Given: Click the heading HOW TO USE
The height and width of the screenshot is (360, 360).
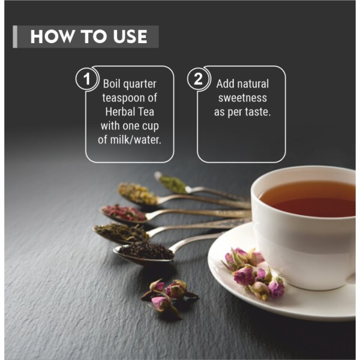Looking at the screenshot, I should point(89,37).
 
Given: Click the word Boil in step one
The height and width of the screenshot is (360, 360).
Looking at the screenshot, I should point(113,84).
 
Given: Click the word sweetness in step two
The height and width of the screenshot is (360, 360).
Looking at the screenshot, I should point(242,98).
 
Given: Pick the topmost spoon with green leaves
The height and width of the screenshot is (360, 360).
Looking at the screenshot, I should point(174,182).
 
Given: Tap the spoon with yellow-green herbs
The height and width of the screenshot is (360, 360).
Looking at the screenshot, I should point(138,194).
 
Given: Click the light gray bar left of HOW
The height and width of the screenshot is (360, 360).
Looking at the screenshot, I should point(15,37).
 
